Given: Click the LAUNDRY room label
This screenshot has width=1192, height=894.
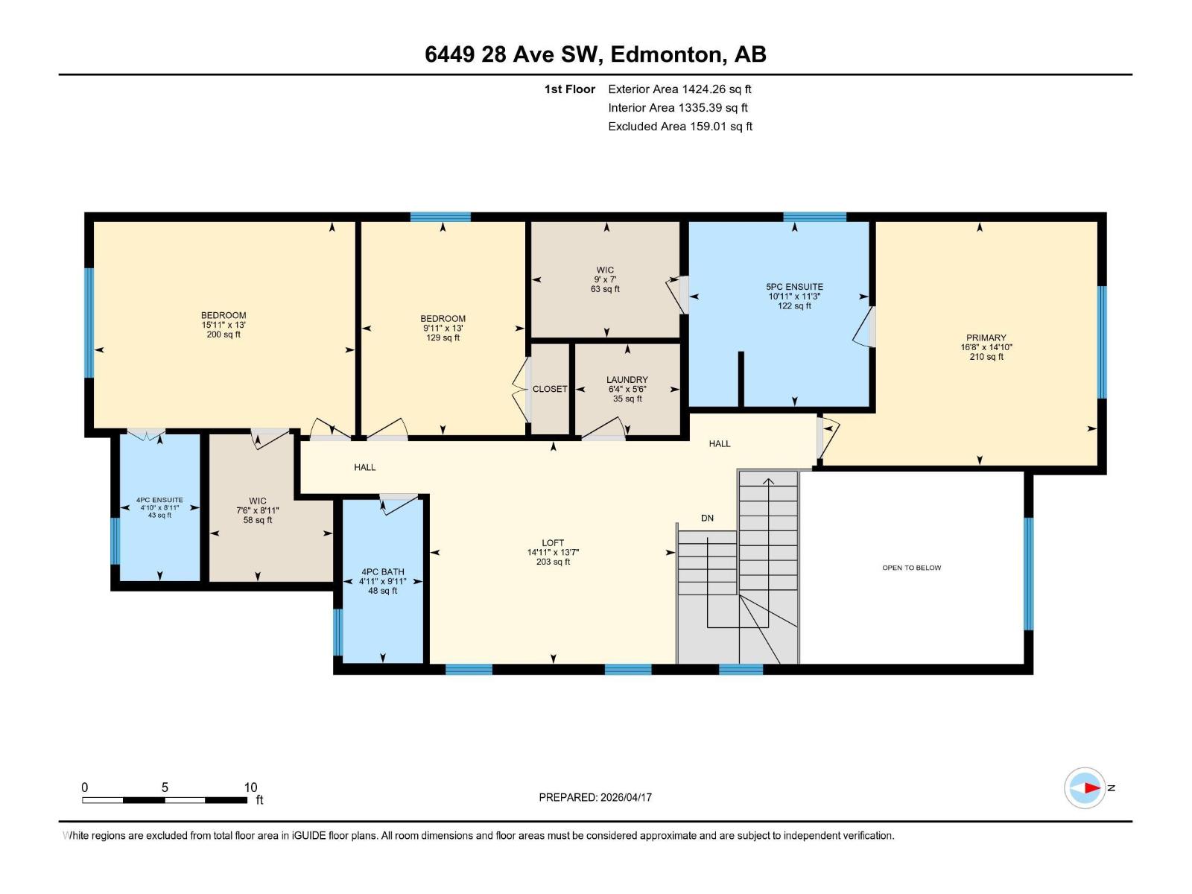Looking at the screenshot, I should [x=627, y=380].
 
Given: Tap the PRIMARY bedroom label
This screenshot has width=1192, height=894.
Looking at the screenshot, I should [x=986, y=337].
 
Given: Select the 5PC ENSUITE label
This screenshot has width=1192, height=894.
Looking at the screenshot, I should [x=794, y=287].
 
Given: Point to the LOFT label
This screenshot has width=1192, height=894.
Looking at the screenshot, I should [x=553, y=543].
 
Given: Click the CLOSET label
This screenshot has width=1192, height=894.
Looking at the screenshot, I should [x=550, y=389].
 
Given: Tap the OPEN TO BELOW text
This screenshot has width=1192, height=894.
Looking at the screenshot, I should [x=911, y=568].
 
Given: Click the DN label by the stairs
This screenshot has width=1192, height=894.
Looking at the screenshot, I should [x=707, y=518].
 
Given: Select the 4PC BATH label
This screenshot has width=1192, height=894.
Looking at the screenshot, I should [x=382, y=572].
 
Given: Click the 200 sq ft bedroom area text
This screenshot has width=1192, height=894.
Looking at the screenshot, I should [x=223, y=335].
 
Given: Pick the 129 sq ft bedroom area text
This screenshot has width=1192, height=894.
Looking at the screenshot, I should [x=443, y=337].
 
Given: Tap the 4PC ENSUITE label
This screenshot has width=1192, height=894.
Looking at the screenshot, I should [x=159, y=501].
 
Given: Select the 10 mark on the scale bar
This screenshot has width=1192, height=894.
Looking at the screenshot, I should [x=250, y=787].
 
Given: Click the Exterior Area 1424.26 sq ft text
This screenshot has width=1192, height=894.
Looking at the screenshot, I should [x=679, y=89].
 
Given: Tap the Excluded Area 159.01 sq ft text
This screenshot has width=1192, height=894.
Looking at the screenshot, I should [x=679, y=127].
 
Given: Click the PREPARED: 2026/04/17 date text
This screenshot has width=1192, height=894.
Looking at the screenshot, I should [x=595, y=797].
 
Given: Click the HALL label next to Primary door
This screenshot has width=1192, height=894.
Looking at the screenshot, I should [x=719, y=444].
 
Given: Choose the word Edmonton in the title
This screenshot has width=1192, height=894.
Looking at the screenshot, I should [x=667, y=54].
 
